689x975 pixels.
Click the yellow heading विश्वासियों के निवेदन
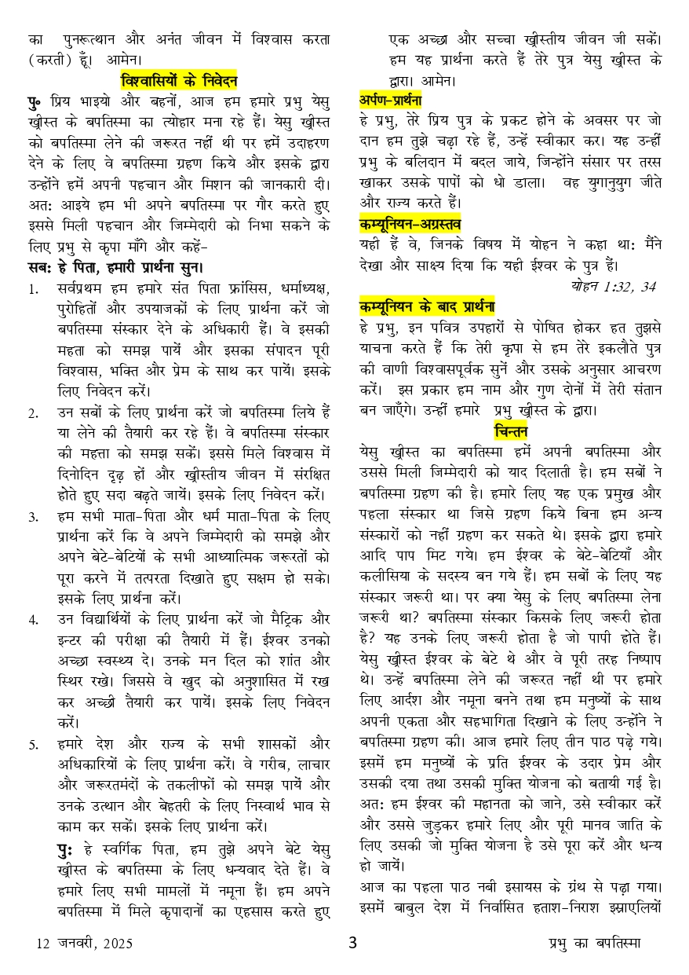pyautogui.click(x=179, y=80)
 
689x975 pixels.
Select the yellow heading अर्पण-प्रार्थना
pyautogui.click(x=391, y=100)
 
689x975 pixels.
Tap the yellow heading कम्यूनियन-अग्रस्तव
pyautogui.click(x=410, y=224)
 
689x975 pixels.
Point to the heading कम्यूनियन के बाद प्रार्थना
pyautogui.click(x=427, y=306)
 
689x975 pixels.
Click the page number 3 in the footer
pyautogui.click(x=352, y=943)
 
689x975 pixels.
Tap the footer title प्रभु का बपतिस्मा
pyautogui.click(x=594, y=943)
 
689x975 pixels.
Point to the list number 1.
pyautogui.click(x=34, y=289)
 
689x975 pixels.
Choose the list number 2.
pyautogui.click(x=34, y=412)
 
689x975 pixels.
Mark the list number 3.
pyautogui.click(x=34, y=516)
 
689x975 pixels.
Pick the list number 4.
pyautogui.click(x=34, y=619)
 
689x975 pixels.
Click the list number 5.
pyautogui.click(x=34, y=742)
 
